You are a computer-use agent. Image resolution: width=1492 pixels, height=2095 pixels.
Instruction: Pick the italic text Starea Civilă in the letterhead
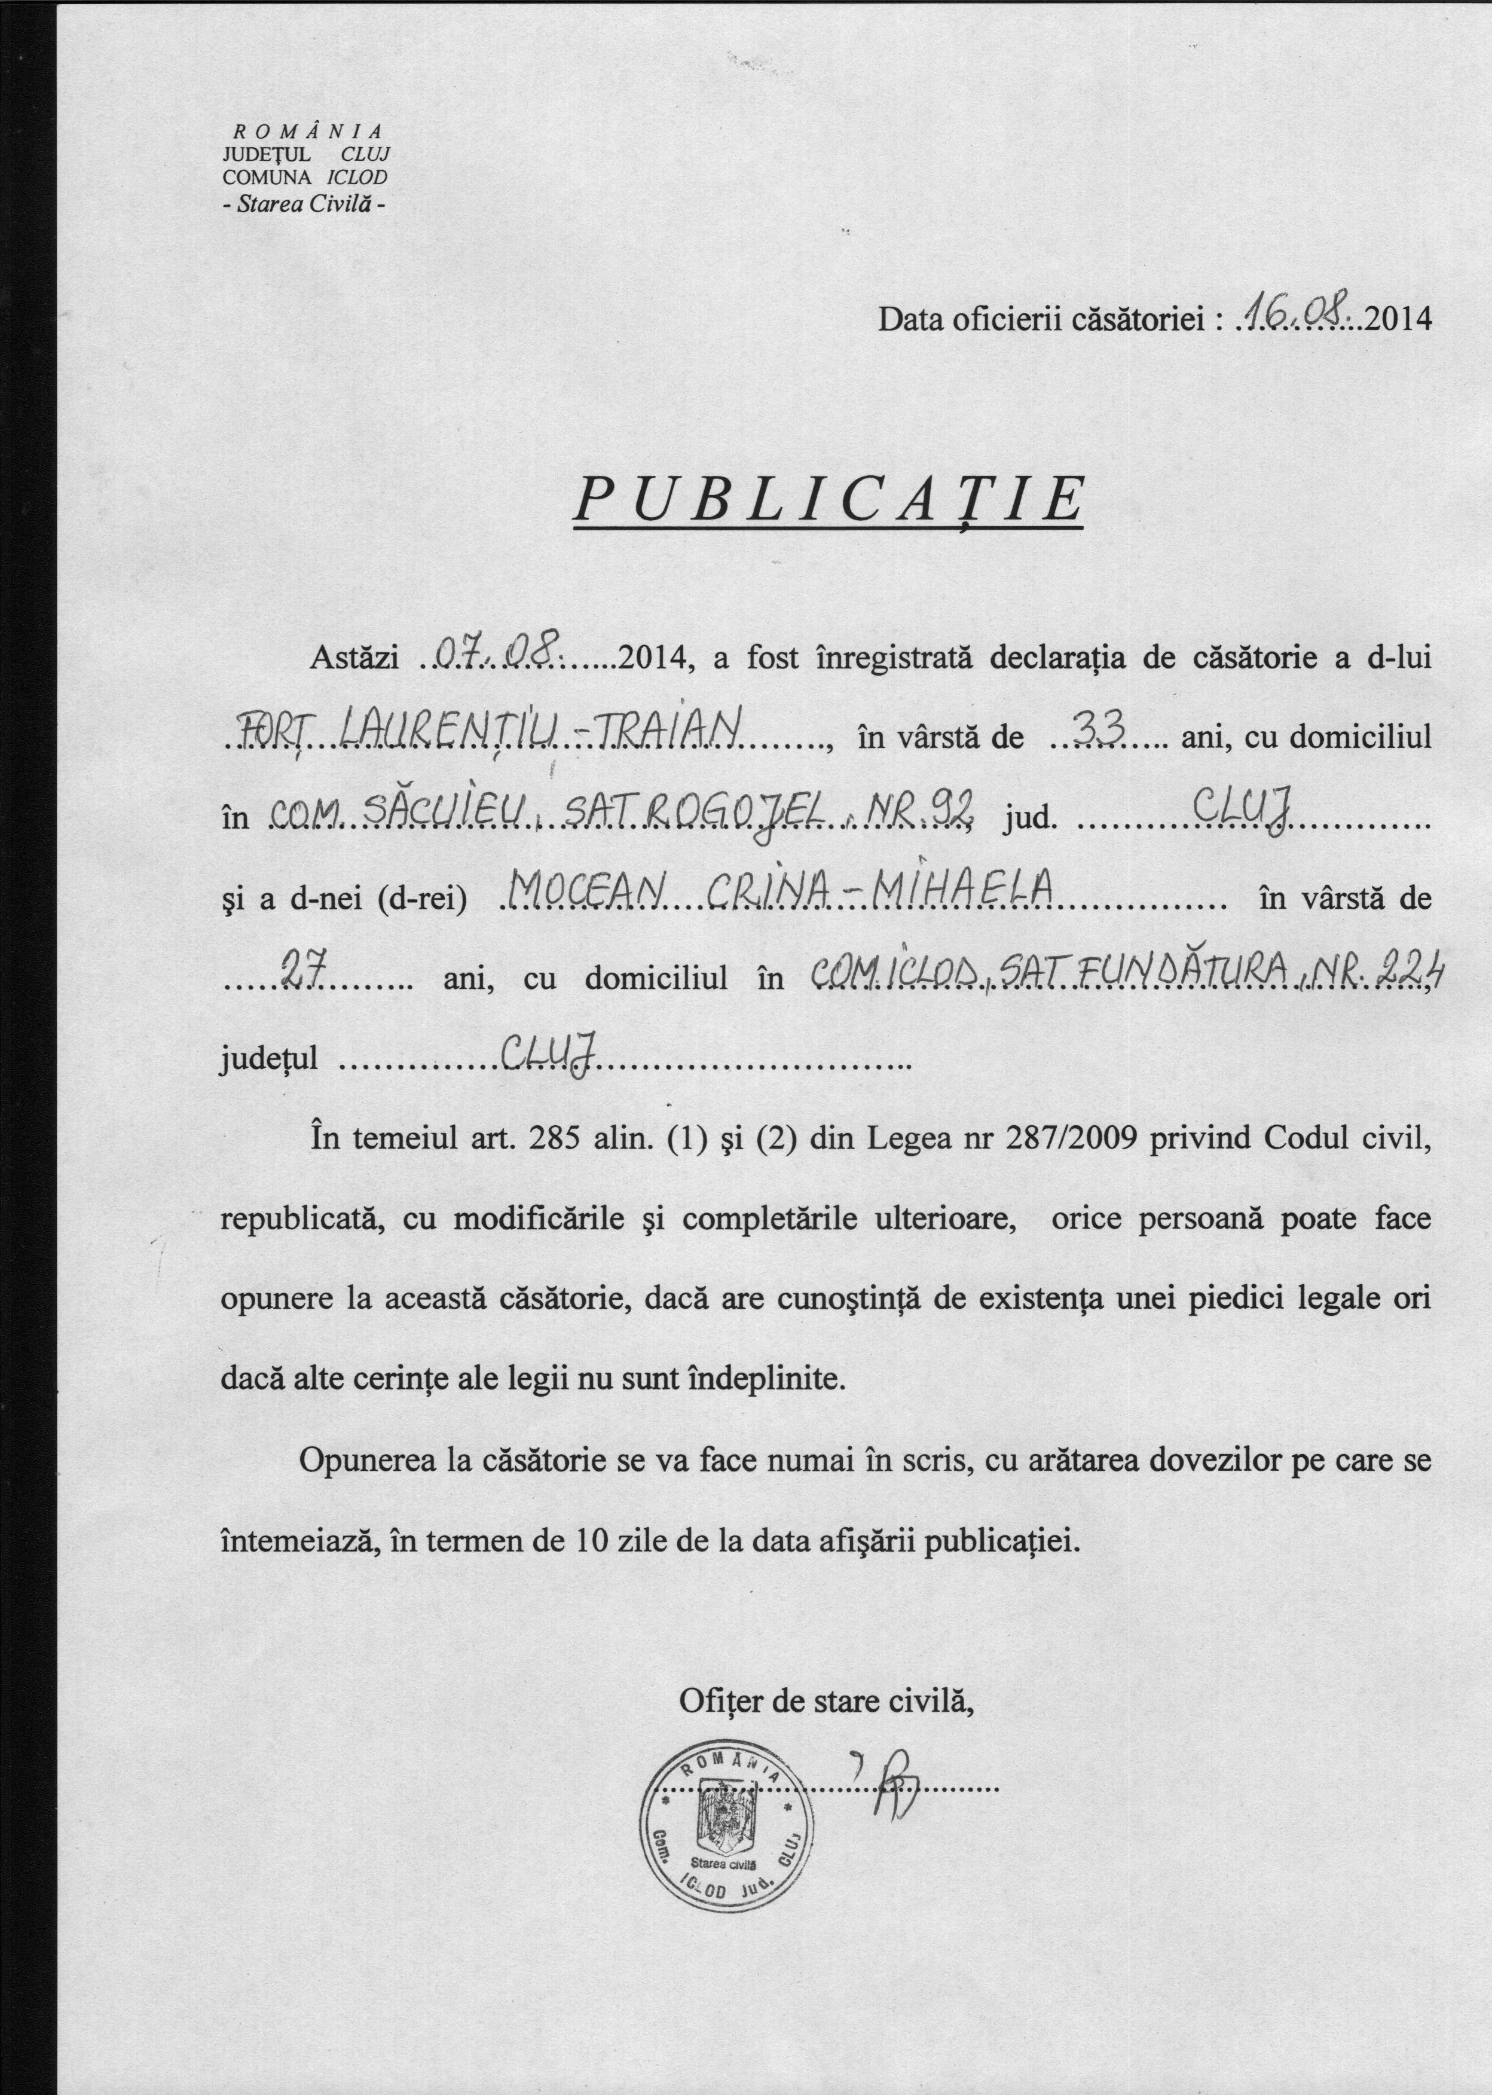303,204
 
